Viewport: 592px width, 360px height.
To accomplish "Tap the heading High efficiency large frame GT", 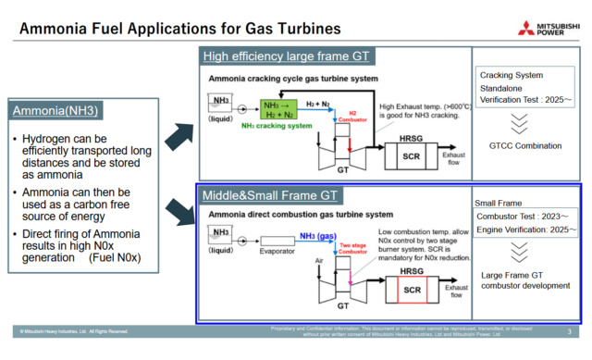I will (287, 56).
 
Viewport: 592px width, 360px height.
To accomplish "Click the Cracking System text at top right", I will (511, 75).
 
